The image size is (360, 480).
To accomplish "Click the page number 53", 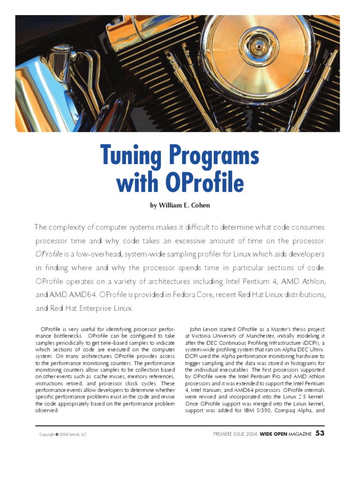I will (x=320, y=434).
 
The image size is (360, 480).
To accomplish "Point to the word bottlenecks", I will (x=62, y=336).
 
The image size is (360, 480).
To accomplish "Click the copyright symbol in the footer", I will (x=57, y=435).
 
